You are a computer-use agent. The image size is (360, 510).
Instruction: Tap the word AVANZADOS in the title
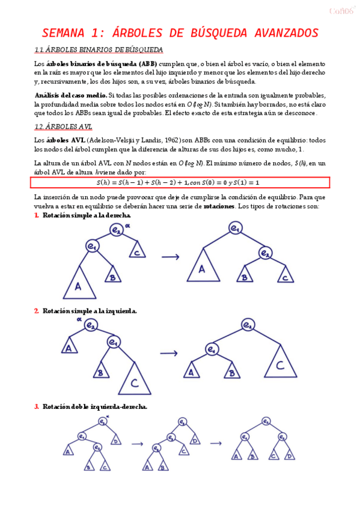click(x=278, y=32)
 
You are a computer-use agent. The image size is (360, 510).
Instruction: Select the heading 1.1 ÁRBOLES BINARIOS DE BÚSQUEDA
click(x=99, y=49)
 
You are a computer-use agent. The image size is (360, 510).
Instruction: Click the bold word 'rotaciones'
click(x=219, y=206)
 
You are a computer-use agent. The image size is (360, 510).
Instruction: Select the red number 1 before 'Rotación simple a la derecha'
click(x=37, y=215)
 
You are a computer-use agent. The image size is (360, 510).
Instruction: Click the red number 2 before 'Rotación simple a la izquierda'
click(x=37, y=311)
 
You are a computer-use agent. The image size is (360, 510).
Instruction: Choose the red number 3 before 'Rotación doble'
click(x=37, y=407)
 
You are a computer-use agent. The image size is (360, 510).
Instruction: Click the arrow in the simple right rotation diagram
click(x=171, y=257)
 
